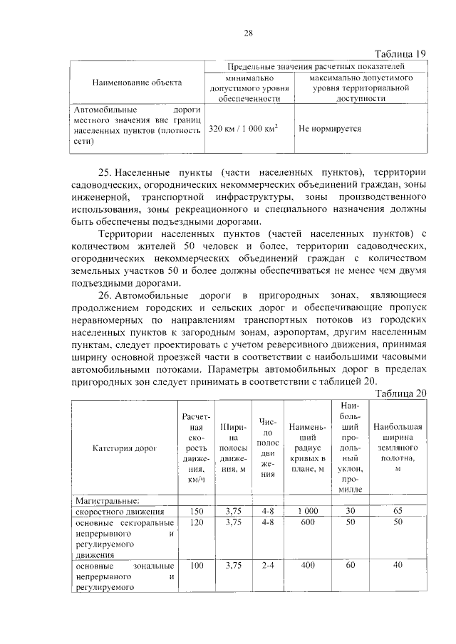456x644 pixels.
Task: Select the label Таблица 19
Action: click(x=400, y=54)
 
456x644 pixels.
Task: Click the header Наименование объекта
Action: click(x=137, y=83)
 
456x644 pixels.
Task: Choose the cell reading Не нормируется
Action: click(x=330, y=130)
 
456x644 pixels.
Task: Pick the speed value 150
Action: click(x=193, y=512)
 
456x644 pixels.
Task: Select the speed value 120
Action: click(x=193, y=522)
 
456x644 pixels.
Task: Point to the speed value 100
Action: click(x=193, y=566)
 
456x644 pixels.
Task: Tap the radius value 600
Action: click(x=308, y=522)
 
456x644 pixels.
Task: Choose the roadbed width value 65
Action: click(x=398, y=512)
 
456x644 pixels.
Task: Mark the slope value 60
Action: click(x=350, y=566)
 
